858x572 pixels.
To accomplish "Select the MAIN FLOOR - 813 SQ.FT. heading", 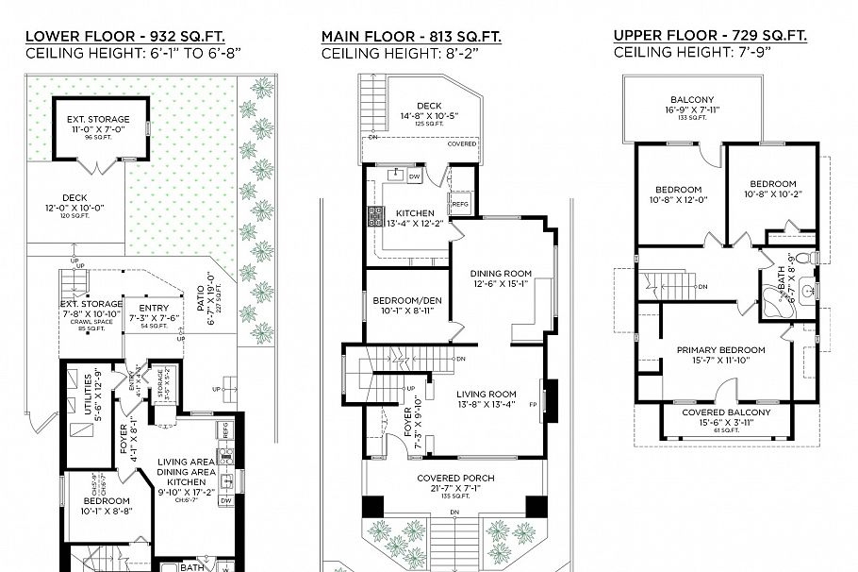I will tap(411, 37).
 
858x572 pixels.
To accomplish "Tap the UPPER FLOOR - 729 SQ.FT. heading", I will tap(711, 36).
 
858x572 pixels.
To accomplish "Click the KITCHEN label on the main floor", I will tap(414, 213).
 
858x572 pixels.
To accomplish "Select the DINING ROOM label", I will tap(501, 275).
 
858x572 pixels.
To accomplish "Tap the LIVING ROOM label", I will tap(486, 394).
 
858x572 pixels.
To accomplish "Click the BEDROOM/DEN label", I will tap(406, 300).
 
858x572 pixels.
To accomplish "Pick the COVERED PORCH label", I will tap(455, 478).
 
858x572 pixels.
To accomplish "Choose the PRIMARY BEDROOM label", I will tap(720, 349).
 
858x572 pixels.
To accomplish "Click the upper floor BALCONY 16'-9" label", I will tap(692, 100).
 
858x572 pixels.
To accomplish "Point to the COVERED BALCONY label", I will tap(720, 412).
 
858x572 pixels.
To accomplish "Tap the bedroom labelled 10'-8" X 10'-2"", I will tap(772, 184).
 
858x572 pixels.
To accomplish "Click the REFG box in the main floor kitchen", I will tap(460, 203).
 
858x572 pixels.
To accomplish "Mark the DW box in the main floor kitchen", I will tap(415, 177).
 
